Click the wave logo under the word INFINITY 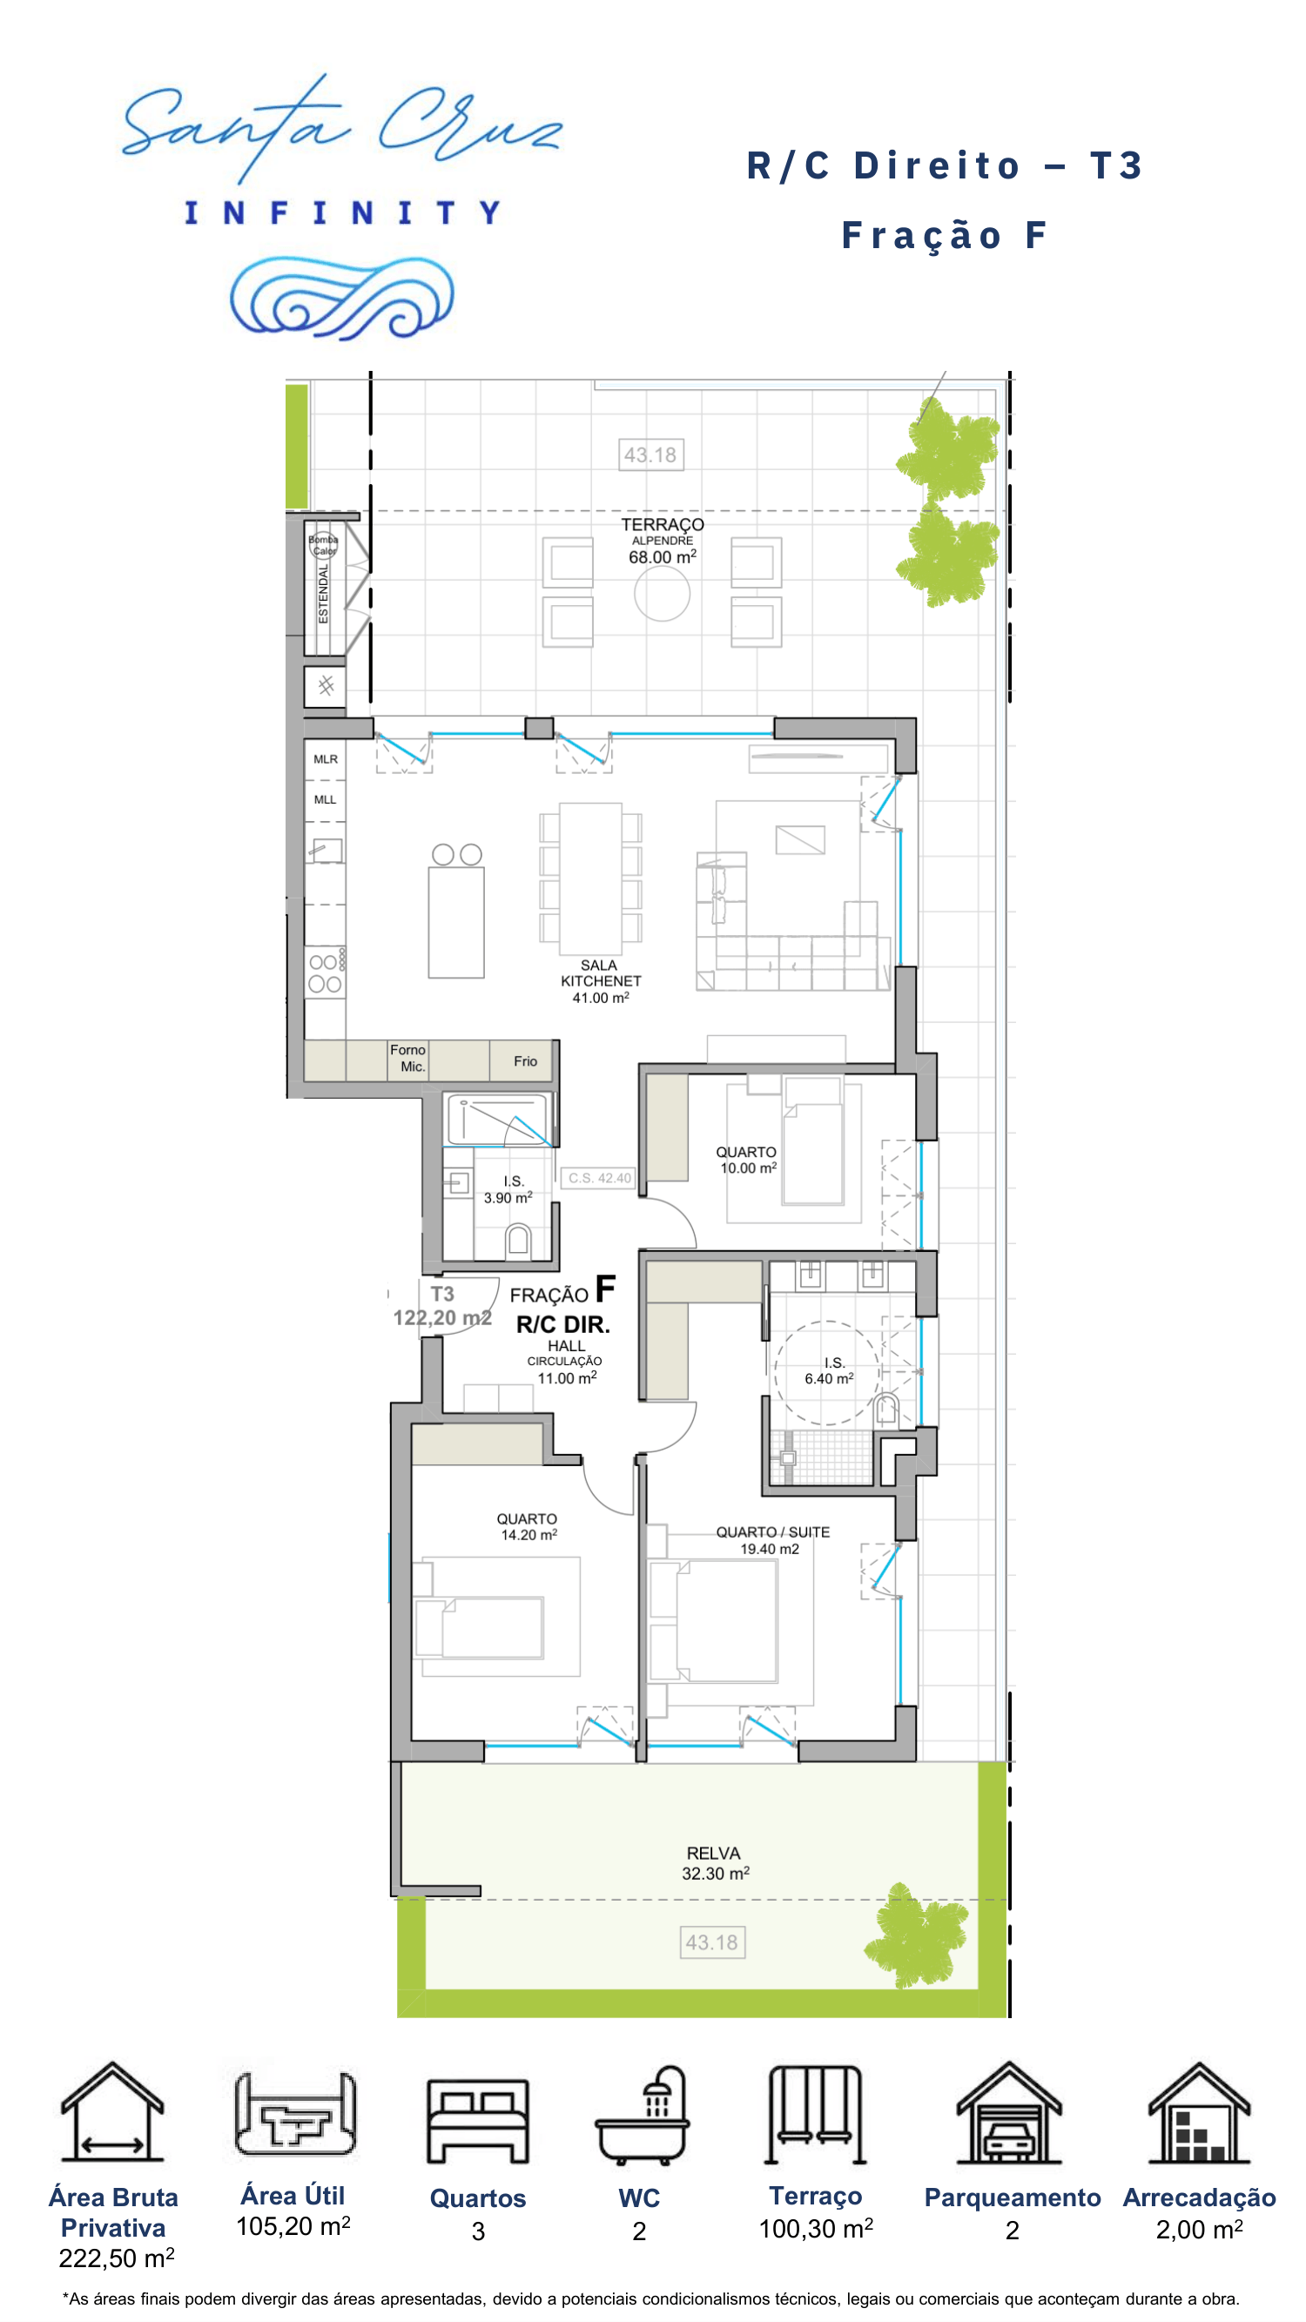(341, 298)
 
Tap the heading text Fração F (944, 235)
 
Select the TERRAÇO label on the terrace (663, 524)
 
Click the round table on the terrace (662, 593)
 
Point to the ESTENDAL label (324, 593)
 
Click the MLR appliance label (326, 759)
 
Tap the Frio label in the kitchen (526, 1061)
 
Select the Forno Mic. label (408, 1058)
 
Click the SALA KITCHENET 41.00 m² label (600, 981)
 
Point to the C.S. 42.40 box (599, 1178)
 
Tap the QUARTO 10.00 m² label (746, 1160)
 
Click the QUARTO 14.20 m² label (528, 1527)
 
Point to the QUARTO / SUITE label (772, 1531)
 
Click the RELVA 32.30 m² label (715, 1863)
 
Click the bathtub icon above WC (642, 2116)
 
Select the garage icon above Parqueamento (1008, 2112)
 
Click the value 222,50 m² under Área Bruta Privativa (117, 2258)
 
